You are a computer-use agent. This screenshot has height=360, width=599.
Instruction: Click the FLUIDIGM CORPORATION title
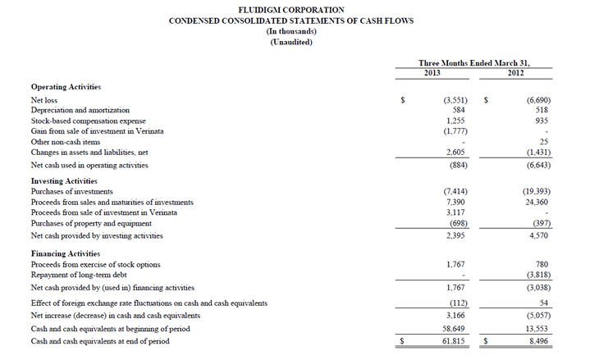tap(291, 10)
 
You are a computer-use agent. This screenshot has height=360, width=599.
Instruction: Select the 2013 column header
tap(432, 73)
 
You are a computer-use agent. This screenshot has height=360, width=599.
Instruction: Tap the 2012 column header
tap(515, 73)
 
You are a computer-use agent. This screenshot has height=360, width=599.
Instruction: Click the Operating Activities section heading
tap(65, 86)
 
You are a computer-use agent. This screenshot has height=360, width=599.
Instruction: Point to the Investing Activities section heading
tap(64, 180)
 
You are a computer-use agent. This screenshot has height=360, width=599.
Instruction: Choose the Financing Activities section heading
tap(65, 253)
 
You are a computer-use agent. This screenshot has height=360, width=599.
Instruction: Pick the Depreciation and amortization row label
tap(80, 110)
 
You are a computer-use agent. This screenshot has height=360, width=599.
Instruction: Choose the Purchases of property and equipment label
tap(90, 223)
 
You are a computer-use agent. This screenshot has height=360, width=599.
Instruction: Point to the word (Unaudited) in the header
tap(291, 42)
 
